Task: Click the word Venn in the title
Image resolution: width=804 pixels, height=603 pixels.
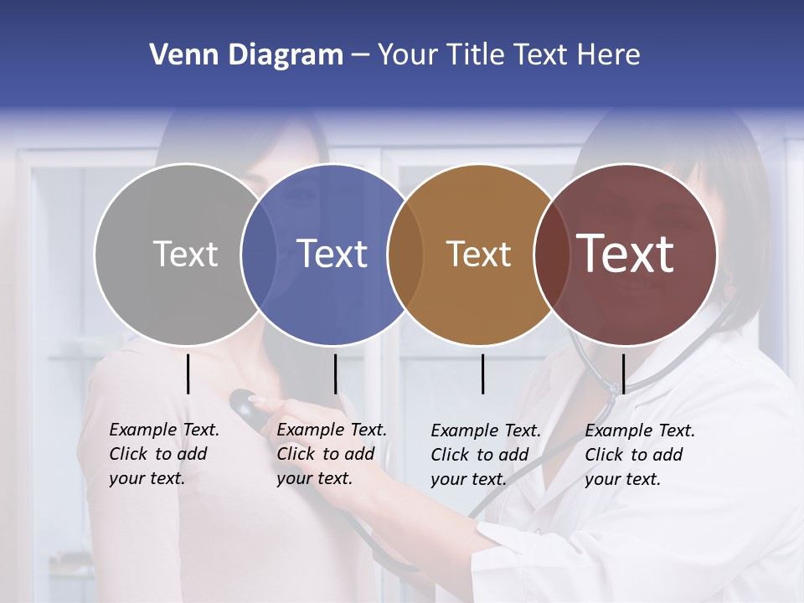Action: click(178, 55)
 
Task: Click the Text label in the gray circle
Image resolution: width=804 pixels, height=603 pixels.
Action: click(185, 254)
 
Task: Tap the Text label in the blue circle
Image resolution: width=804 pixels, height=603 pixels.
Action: click(332, 254)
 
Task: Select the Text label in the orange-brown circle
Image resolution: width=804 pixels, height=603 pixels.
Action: click(478, 254)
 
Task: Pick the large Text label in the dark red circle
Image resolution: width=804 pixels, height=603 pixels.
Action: click(626, 254)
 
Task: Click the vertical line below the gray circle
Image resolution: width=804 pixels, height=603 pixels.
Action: click(188, 374)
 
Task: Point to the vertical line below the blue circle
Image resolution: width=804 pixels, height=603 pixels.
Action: click(335, 374)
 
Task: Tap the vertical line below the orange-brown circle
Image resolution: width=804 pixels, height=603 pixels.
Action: click(482, 374)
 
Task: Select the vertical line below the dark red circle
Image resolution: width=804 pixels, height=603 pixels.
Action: click(623, 374)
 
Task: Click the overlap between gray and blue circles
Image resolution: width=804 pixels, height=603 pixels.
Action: click(259, 254)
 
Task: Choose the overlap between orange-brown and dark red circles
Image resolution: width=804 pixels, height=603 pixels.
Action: click(549, 254)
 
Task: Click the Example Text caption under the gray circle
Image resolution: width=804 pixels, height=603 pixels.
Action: click(163, 454)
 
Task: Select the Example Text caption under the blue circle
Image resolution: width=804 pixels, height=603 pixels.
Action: click(331, 454)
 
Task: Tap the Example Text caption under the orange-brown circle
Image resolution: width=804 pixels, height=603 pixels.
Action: click(485, 455)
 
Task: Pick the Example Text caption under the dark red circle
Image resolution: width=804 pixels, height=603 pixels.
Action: click(639, 455)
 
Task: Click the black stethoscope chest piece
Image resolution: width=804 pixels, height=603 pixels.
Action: click(246, 405)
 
